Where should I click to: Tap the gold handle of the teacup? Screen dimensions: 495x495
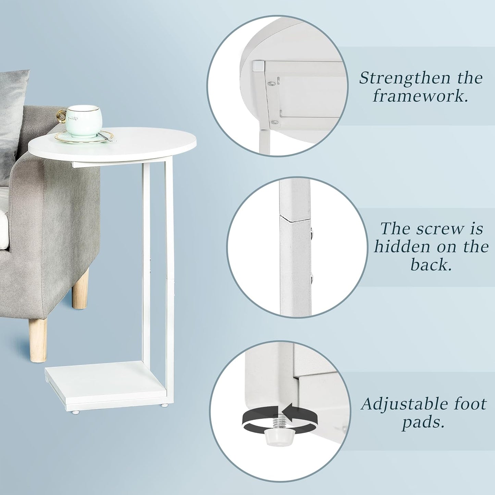click(x=62, y=116)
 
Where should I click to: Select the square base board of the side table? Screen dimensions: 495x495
click(x=106, y=382)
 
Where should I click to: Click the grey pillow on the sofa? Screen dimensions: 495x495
click(x=12, y=113)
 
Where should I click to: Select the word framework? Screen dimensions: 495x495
click(x=420, y=96)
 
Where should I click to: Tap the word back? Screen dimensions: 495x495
click(x=431, y=265)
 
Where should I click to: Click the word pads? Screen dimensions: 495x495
click(x=423, y=422)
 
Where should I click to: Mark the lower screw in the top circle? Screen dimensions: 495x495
click(x=273, y=122)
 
